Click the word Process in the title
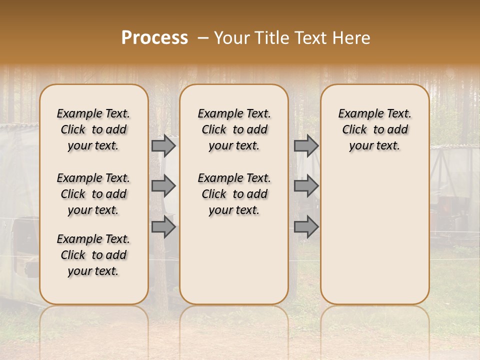154,38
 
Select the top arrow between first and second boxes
163,145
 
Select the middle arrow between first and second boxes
163,186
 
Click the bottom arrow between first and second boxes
163,227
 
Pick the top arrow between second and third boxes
306,145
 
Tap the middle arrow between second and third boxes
306,186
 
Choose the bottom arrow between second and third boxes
306,227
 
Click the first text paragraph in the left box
93,129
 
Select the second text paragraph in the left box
93,194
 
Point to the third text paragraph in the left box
93,255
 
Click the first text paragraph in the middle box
234,129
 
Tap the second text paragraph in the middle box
234,194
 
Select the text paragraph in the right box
374,129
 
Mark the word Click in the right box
354,130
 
